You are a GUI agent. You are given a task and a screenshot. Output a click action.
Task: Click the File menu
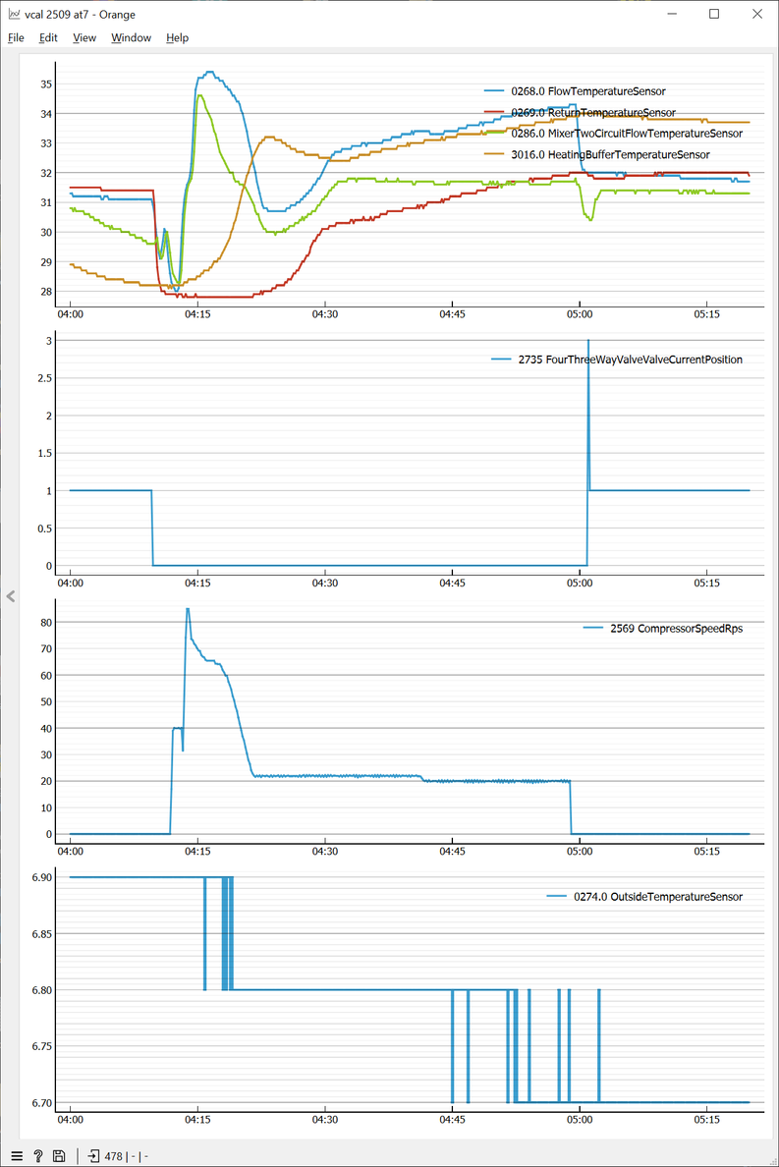click(x=16, y=37)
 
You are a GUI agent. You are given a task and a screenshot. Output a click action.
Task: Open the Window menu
click(x=131, y=37)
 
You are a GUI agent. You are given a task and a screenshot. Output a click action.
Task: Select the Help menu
click(x=177, y=37)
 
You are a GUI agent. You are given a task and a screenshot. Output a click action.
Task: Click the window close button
click(x=755, y=14)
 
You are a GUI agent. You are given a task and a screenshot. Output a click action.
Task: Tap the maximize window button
click(x=714, y=14)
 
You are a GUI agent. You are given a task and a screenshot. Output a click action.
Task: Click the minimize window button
click(x=673, y=14)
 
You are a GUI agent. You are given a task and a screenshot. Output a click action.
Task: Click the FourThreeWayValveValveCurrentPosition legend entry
click(x=630, y=360)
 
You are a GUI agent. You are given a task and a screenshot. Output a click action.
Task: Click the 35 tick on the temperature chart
click(x=46, y=83)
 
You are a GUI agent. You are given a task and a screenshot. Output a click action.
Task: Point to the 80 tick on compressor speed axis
click(x=46, y=622)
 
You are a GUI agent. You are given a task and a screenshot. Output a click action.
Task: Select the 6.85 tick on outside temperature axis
click(x=41, y=933)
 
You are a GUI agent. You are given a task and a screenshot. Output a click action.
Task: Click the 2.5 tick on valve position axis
click(x=43, y=378)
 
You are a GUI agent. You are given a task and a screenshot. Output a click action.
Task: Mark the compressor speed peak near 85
click(x=188, y=609)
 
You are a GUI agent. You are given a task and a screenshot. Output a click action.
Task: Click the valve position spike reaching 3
click(x=588, y=341)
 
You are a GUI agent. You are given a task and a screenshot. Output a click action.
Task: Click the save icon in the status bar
click(x=60, y=1156)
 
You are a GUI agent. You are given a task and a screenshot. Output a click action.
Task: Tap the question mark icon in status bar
click(x=38, y=1156)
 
